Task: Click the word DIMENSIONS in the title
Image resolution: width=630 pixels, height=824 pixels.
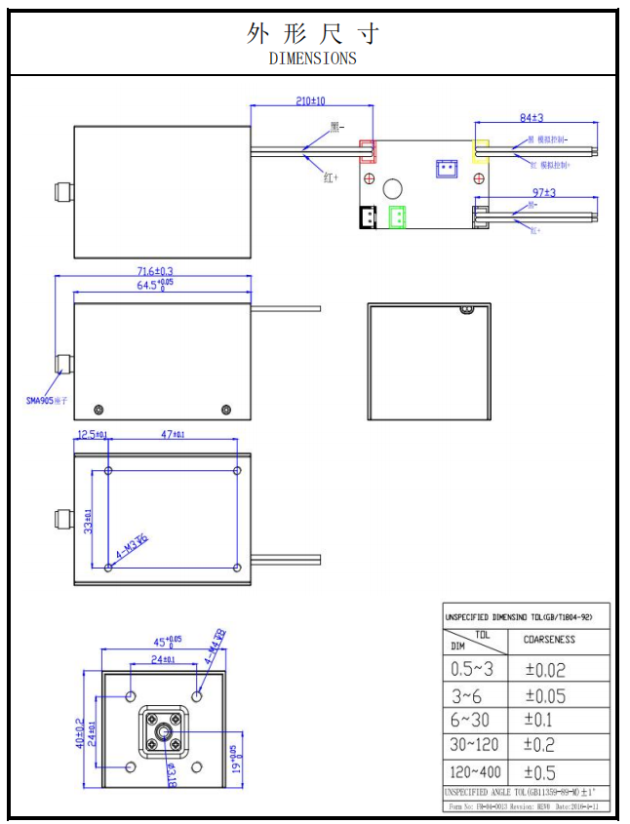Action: click(x=312, y=58)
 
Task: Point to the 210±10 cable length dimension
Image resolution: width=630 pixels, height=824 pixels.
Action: click(x=309, y=100)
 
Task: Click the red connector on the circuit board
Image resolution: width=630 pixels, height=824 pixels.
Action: click(x=368, y=151)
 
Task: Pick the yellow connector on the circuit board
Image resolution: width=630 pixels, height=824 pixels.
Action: click(x=481, y=150)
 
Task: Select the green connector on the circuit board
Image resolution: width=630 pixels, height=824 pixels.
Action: click(x=397, y=217)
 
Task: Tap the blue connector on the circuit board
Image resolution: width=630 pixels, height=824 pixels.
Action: click(x=447, y=168)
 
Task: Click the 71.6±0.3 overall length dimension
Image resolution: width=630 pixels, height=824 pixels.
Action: click(x=152, y=270)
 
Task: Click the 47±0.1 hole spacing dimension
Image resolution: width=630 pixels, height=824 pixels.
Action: click(x=172, y=434)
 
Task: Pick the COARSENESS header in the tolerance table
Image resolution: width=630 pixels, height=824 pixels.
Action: click(x=549, y=640)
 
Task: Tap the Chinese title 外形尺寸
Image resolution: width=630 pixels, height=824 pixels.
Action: click(x=312, y=33)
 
